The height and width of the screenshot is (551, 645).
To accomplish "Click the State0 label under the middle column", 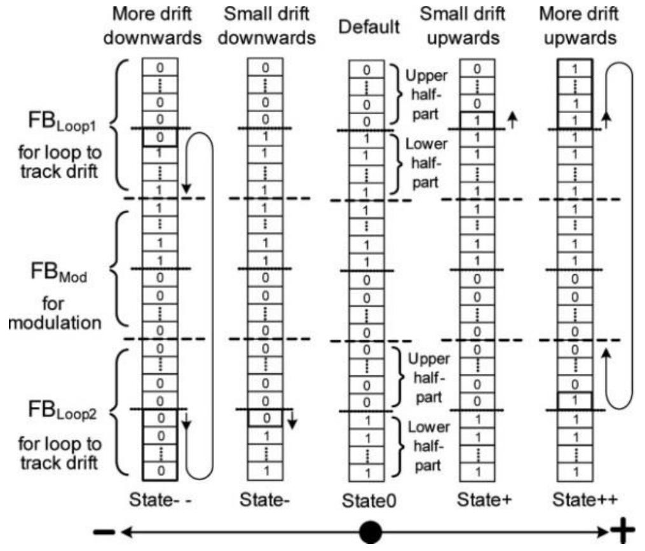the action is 369,501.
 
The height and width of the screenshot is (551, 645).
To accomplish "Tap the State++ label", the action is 585,500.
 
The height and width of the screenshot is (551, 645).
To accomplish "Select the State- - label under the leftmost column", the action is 160,500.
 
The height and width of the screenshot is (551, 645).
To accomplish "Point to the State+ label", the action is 484,500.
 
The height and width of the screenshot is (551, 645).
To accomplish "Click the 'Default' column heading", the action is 369,27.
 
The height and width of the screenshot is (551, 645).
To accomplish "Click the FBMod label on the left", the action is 59,272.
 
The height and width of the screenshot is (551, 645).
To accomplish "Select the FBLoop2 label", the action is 62,410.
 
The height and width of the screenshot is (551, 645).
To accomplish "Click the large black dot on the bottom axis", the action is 370,532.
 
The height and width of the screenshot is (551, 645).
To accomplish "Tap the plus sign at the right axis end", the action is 623,531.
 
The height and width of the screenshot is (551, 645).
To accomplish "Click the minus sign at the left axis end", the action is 104,533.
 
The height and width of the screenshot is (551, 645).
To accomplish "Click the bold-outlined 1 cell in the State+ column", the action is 477,121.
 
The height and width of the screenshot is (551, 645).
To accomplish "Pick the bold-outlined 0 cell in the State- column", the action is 266,418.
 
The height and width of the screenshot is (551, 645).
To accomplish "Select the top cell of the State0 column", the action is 367,69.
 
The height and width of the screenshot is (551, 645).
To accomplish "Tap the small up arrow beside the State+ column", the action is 512,121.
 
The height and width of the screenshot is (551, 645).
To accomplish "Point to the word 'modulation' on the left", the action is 55,322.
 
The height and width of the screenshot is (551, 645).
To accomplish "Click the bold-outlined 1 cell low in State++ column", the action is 575,401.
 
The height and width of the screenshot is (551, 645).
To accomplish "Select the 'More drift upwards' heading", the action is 579,25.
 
